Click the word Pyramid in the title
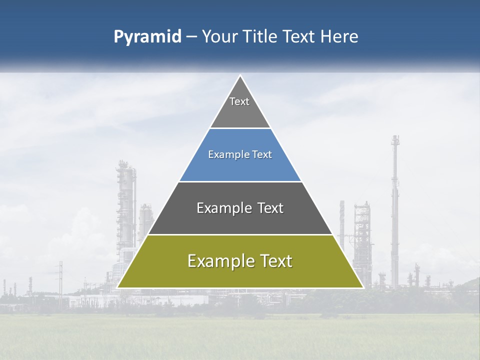tap(147, 37)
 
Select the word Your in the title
tap(219, 37)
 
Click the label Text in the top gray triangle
tap(239, 101)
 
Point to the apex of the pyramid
tap(240, 76)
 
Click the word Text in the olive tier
tap(272, 261)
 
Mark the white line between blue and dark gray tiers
tap(240, 181)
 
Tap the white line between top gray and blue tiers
tap(240, 128)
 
